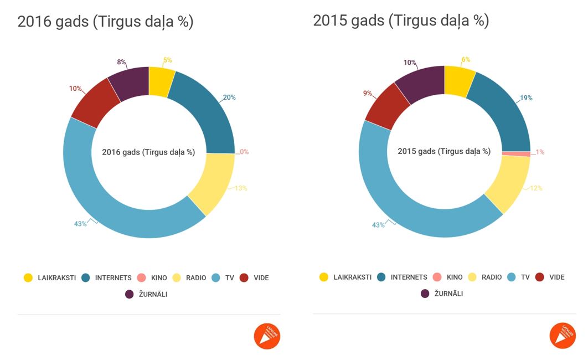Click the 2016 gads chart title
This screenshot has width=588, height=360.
[x=105, y=22]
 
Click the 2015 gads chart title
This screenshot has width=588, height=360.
[x=401, y=20]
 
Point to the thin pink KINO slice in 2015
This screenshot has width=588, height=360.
[x=517, y=153]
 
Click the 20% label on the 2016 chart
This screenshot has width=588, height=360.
[x=229, y=97]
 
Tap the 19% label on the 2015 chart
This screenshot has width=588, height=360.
[x=526, y=98]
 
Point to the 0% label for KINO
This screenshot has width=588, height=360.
[x=244, y=152]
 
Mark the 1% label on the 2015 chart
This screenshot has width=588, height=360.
[x=540, y=152]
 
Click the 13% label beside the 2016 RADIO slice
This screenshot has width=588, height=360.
[x=241, y=188]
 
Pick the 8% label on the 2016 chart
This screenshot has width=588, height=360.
[x=121, y=62]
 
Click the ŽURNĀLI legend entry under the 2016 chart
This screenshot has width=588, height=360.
[x=147, y=295]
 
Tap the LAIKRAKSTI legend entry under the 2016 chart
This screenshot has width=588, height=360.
[x=50, y=277]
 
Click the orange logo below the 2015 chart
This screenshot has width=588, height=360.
[x=563, y=336]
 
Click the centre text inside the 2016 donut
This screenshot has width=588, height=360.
[x=148, y=152]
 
